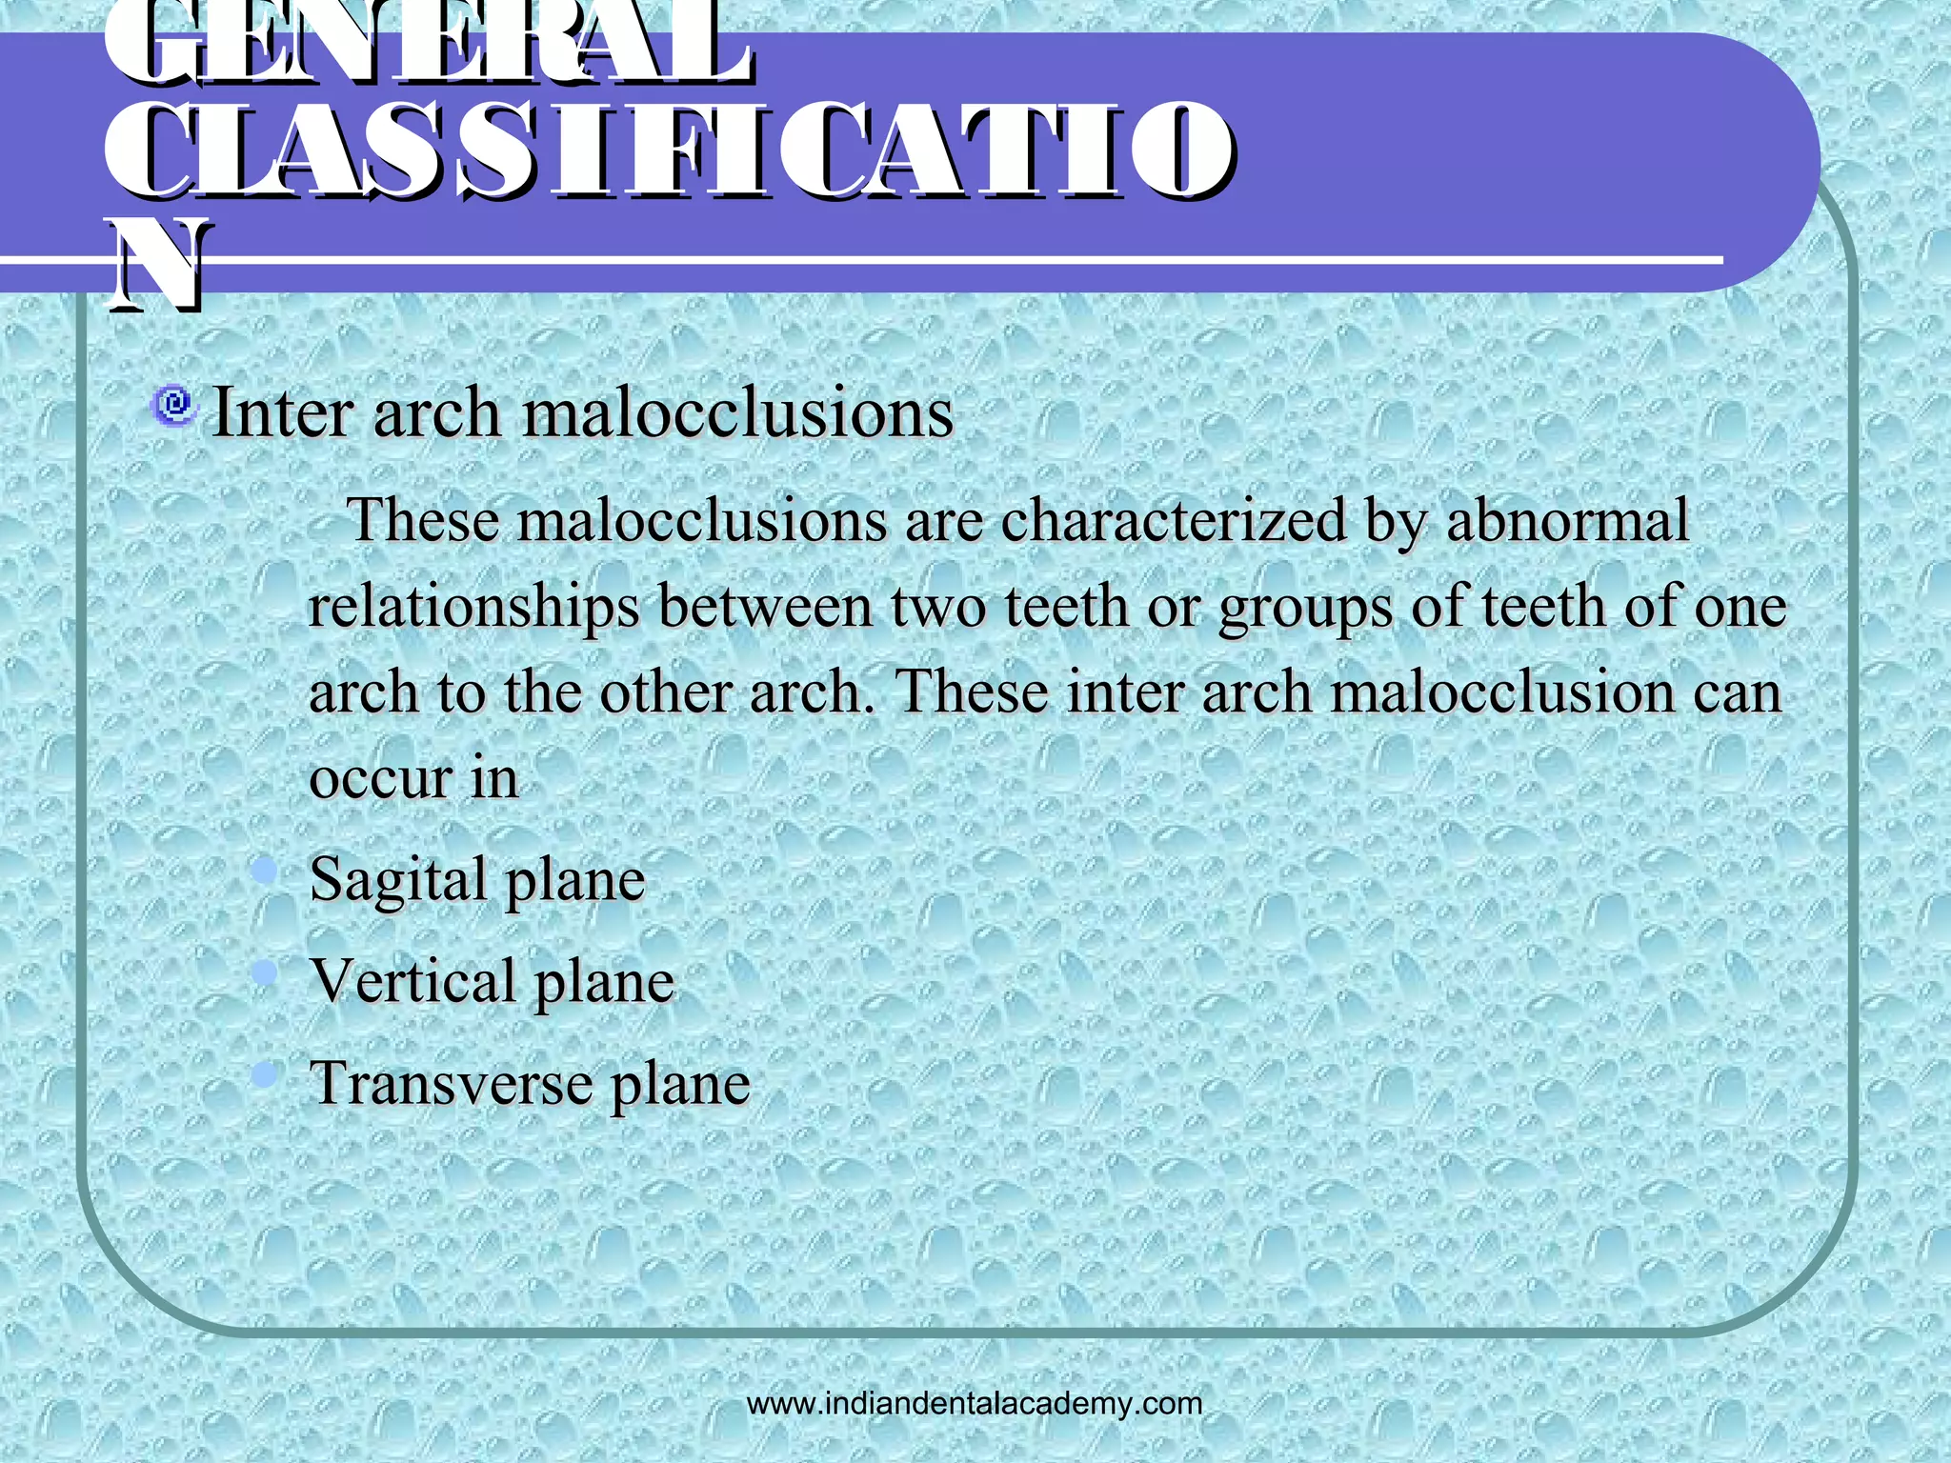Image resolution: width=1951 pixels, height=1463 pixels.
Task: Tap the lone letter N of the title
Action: (156, 266)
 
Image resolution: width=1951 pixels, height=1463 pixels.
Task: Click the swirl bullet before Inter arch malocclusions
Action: (174, 407)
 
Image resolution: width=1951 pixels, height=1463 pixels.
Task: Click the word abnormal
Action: (1567, 520)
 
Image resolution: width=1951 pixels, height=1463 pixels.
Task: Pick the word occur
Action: (380, 779)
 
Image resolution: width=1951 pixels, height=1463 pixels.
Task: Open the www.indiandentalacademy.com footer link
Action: (975, 1404)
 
